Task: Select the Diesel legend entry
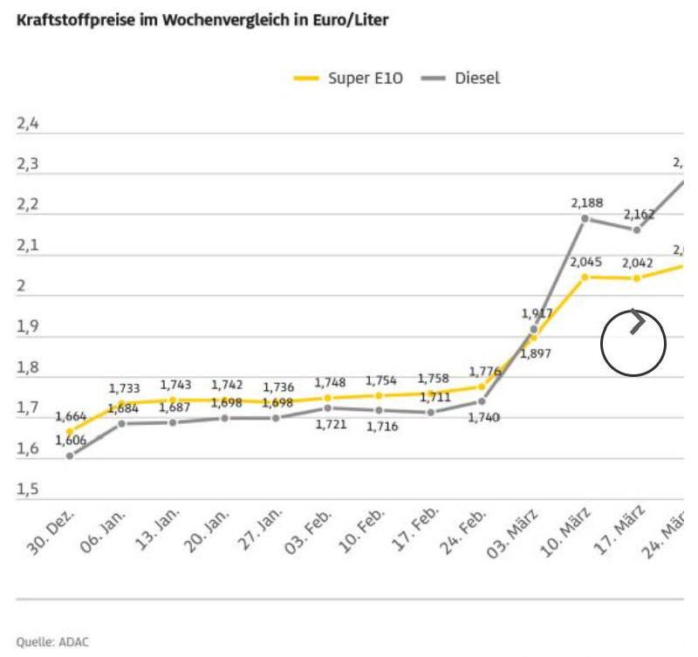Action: coord(462,79)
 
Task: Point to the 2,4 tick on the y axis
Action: coord(29,124)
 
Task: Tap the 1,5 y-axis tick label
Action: coord(29,489)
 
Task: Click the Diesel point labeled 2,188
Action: coord(585,218)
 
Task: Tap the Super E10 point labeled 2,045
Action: coord(585,277)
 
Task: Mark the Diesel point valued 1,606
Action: coord(69,455)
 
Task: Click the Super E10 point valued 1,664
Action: coord(69,432)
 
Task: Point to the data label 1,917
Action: coord(537,313)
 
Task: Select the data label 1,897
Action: coord(535,353)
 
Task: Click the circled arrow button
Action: coord(633,343)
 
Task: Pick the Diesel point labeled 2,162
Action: coord(636,229)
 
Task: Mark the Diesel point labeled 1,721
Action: coord(327,407)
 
